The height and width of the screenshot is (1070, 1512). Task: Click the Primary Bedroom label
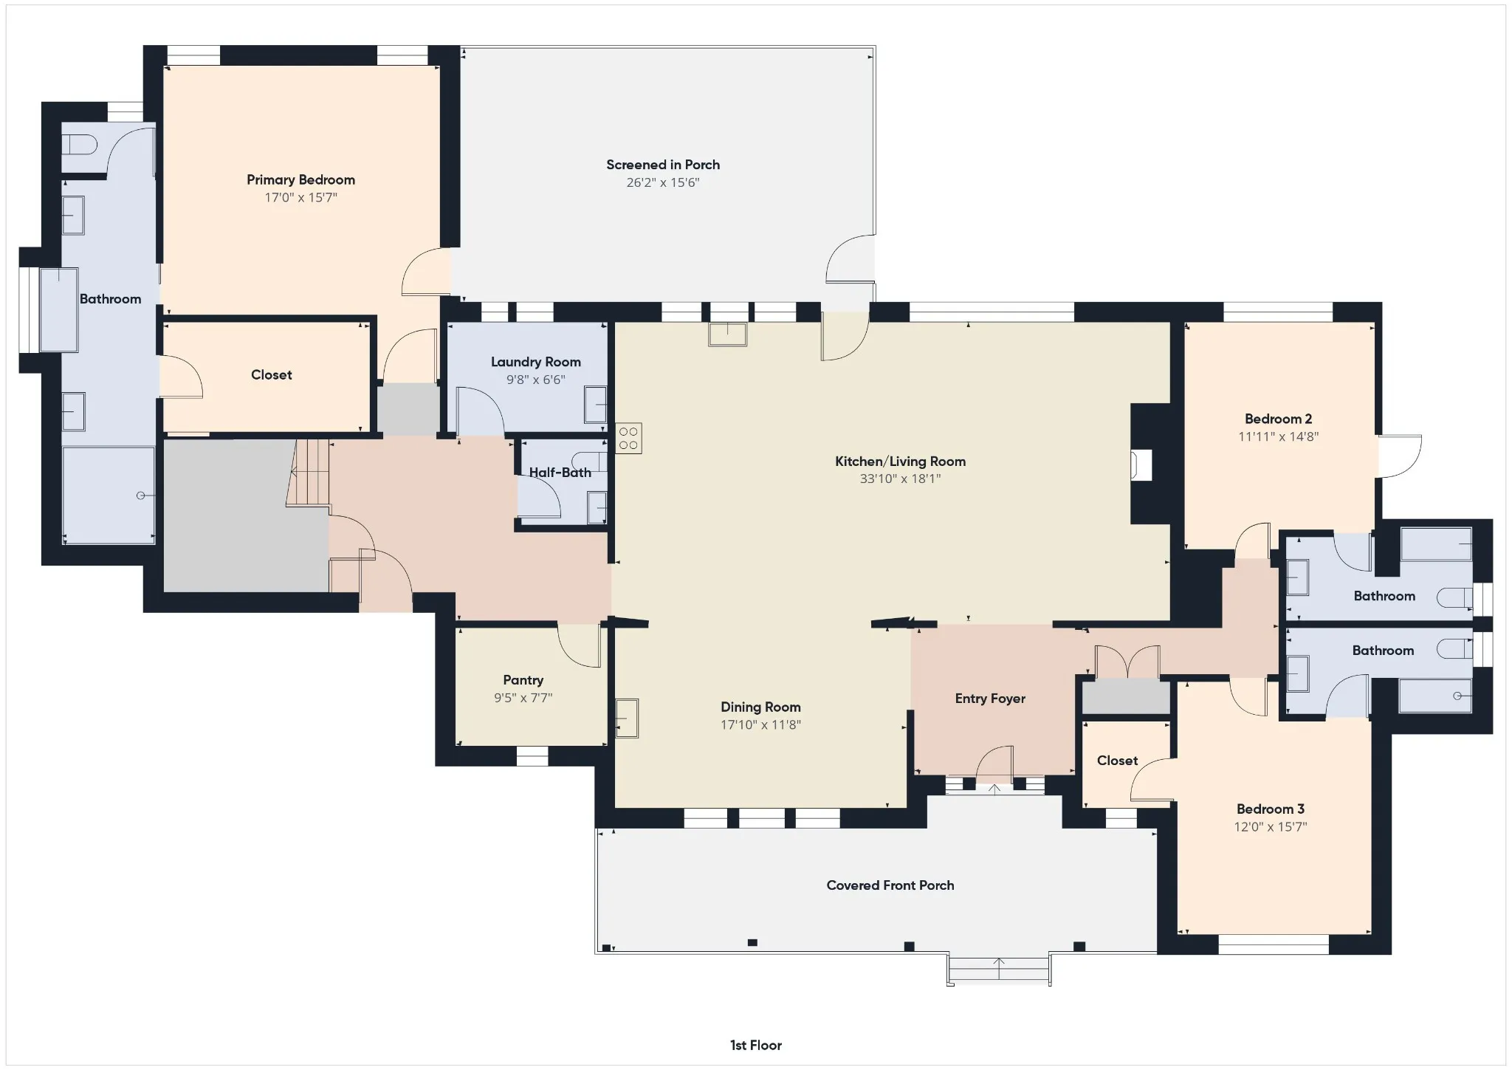click(300, 179)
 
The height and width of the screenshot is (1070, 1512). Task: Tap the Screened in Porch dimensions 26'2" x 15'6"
click(663, 182)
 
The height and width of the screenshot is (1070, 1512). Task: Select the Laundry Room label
click(536, 362)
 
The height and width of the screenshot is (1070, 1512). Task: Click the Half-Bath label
click(560, 473)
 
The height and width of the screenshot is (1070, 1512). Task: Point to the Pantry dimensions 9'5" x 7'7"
click(523, 698)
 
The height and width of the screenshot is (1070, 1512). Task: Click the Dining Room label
click(760, 707)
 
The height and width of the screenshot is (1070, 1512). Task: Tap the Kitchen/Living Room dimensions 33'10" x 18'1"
click(900, 479)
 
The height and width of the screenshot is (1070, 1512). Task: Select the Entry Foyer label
click(990, 699)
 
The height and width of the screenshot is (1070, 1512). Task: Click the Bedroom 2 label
click(1278, 419)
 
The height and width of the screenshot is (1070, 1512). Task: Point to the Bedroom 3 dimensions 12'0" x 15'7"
click(1271, 827)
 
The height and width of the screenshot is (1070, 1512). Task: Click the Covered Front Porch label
click(890, 885)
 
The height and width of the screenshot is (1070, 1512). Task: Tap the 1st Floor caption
click(756, 1045)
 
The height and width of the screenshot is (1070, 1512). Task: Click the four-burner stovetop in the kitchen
click(629, 438)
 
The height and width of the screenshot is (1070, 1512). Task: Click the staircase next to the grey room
click(309, 473)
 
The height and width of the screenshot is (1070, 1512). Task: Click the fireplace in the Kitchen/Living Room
click(1141, 465)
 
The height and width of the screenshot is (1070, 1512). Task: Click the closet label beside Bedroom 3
click(1117, 761)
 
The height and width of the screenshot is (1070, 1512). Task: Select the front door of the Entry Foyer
click(995, 765)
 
